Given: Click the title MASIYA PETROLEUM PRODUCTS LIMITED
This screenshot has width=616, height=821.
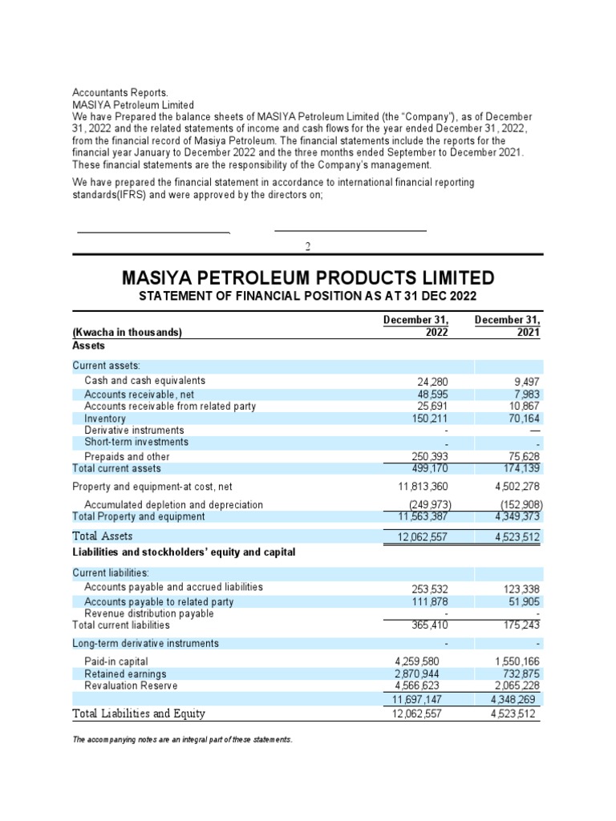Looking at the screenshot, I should point(308,278).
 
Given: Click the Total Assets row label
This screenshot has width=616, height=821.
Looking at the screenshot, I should point(103,536).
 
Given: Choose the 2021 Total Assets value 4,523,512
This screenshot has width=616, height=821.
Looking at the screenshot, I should point(515,537).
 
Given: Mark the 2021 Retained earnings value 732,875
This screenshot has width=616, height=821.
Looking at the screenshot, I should point(521,674).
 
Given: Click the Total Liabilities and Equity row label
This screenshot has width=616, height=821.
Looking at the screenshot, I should point(139,713).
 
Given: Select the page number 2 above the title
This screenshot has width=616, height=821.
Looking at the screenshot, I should point(308,246).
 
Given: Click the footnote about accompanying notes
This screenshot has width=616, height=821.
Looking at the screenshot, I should point(182,739).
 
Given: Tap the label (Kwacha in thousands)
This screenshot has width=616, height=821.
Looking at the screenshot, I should point(127,333).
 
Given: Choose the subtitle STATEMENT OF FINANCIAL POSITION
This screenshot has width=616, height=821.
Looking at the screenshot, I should point(308,297).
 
